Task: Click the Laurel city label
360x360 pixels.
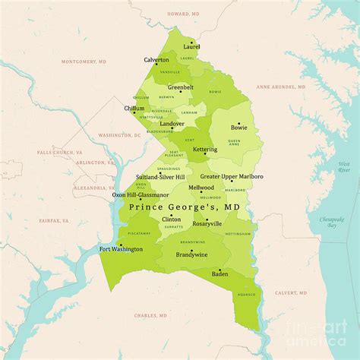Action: (x=191, y=47)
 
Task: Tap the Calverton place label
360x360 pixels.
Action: (x=156, y=60)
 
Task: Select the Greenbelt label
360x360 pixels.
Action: (x=181, y=87)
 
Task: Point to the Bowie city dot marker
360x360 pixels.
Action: (x=238, y=122)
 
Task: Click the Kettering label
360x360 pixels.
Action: (x=205, y=150)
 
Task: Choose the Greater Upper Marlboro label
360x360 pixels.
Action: (x=232, y=176)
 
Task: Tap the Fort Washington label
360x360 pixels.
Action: (x=121, y=249)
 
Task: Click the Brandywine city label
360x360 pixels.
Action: (x=191, y=255)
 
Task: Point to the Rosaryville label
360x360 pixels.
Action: (x=207, y=224)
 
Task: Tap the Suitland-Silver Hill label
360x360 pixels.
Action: (x=163, y=177)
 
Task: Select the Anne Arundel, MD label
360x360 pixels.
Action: (x=280, y=87)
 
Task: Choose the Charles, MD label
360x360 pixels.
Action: (x=150, y=315)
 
